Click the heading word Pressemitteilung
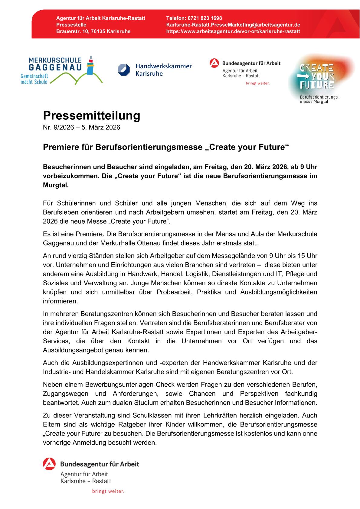pos(91,116)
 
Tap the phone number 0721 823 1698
pos(205,18)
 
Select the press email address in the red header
pos(233,25)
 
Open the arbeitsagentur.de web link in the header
pos(233,31)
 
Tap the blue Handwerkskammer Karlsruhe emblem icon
pos(123,70)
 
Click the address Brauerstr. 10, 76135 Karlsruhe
pos(93,31)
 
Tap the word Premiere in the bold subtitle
pos(58,147)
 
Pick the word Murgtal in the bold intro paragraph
pos(56,185)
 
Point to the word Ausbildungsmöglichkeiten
pos(279,292)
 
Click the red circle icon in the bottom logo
pos(49,464)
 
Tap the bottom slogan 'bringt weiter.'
pos(108,491)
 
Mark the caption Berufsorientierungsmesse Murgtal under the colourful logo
pos(319,99)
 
